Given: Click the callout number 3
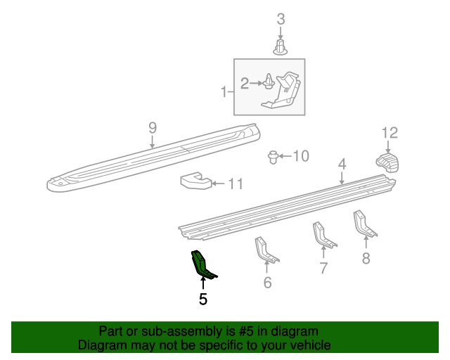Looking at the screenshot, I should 281,19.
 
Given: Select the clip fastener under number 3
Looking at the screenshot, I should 281,47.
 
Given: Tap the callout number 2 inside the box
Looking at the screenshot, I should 245,84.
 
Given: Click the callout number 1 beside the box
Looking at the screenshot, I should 224,91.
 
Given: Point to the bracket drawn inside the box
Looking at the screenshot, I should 284,91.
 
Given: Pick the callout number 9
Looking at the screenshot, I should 152,127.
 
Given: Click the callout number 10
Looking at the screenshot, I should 301,155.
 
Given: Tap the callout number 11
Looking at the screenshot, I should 235,184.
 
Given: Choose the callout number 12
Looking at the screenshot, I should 390,132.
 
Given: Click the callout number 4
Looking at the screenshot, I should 342,164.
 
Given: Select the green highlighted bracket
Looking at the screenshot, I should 202,263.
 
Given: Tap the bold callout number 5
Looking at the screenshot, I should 203,300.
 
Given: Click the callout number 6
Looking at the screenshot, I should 267,283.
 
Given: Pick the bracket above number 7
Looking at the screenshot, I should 323,235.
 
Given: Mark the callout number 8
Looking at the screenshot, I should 366,258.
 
